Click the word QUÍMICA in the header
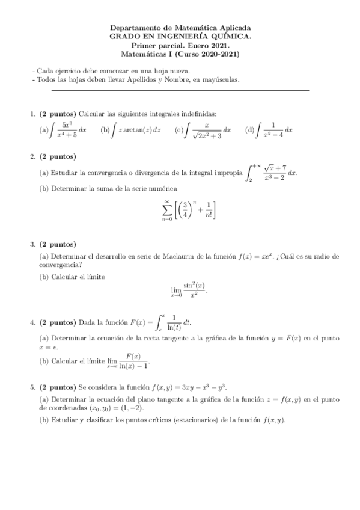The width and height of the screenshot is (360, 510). [x=229, y=36]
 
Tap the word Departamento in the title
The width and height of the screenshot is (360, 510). [x=134, y=28]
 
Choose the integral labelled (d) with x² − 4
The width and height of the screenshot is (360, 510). [x=273, y=129]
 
